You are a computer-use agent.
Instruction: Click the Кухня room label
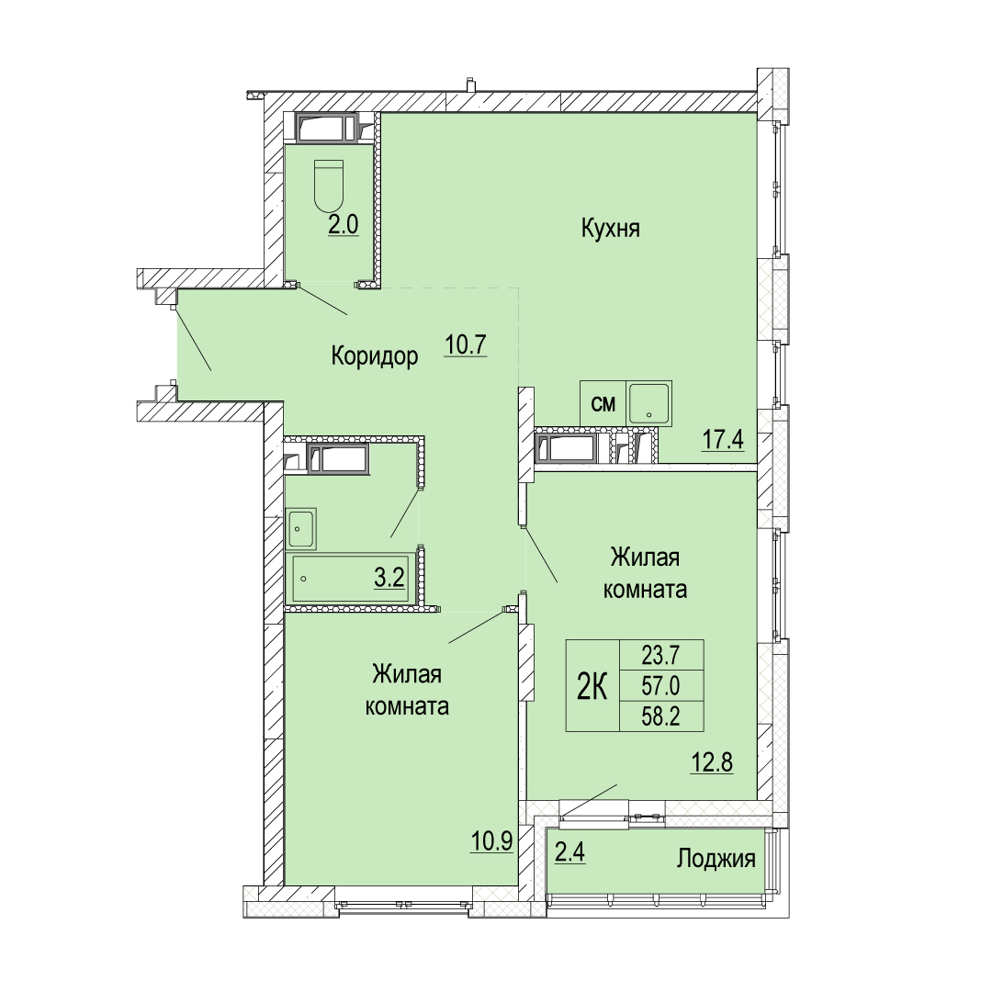[x=611, y=229]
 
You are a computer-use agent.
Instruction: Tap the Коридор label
[x=375, y=356]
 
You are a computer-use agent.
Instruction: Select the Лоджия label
[x=716, y=859]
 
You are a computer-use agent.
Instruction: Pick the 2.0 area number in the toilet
[x=344, y=225]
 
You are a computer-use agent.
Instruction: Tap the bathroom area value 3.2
[x=389, y=577]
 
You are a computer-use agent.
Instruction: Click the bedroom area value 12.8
[x=712, y=762]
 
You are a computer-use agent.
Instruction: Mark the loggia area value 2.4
[x=570, y=852]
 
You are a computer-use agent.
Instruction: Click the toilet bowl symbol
[x=328, y=186]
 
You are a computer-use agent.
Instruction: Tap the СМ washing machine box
[x=603, y=403]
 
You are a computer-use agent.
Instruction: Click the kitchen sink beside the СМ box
[x=649, y=403]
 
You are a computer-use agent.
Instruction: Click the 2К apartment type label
[x=592, y=686]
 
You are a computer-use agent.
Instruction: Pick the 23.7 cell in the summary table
[x=661, y=655]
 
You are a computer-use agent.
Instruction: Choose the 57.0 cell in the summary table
[x=661, y=685]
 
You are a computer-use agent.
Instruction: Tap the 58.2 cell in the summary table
[x=661, y=716]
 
